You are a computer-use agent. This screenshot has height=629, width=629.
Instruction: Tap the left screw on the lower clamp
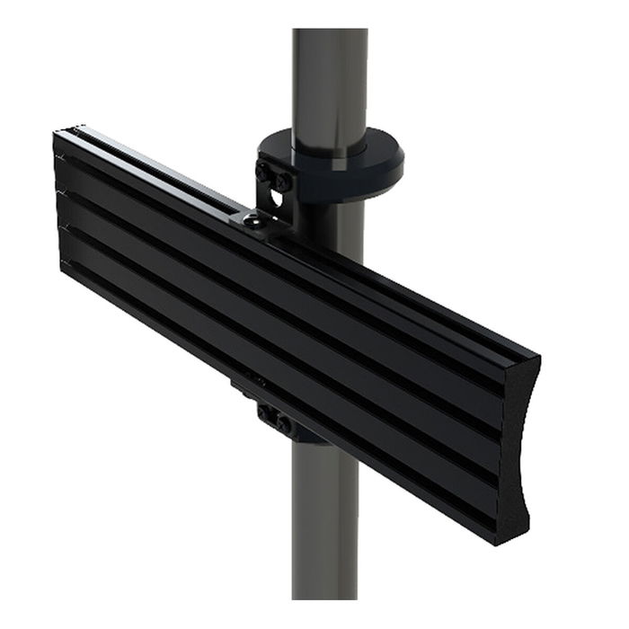267,413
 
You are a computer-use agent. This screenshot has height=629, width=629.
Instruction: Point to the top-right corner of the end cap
537,357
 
